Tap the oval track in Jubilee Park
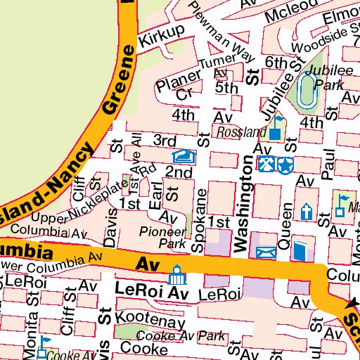pyautogui.click(x=307, y=91)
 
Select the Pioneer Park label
pyautogui.click(x=162, y=237)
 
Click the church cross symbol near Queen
pyautogui.click(x=307, y=211)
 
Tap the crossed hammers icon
pyautogui.click(x=267, y=165)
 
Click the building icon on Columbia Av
pyautogui.click(x=175, y=271)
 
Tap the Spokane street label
pyautogui.click(x=200, y=219)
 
